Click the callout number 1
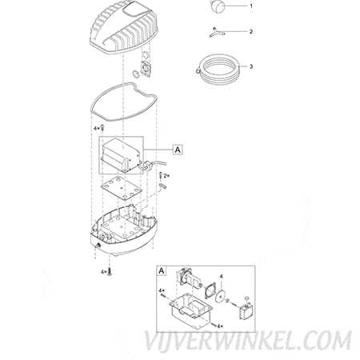(250, 6)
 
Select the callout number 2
(250, 31)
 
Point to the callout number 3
(250, 66)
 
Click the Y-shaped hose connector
(216, 33)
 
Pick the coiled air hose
(218, 68)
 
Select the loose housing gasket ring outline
(91, 106)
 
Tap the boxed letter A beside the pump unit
(178, 150)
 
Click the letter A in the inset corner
(162, 270)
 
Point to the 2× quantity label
(166, 175)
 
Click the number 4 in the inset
(221, 277)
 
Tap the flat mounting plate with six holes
(121, 189)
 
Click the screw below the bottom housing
(109, 271)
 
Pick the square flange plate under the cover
(146, 69)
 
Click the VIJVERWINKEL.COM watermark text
(248, 341)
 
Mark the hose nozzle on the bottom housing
(98, 245)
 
